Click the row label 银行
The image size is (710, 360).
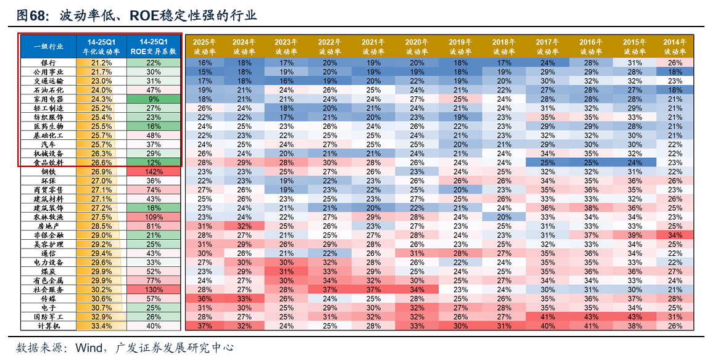tap(48, 63)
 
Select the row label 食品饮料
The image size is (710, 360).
tap(48, 162)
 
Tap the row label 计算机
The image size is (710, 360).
tap(48, 325)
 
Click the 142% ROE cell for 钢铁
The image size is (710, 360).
tap(154, 171)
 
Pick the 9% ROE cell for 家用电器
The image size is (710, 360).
tap(154, 99)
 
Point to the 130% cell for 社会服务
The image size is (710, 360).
tap(154, 289)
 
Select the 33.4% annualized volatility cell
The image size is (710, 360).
tap(101, 325)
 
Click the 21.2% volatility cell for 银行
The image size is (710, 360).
tap(101, 63)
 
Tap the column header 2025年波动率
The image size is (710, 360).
tap(205, 47)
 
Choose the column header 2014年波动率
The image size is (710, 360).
tap(675, 47)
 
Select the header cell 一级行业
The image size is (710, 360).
tap(48, 46)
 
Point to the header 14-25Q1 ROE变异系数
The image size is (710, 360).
tap(154, 47)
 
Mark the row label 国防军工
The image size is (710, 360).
tap(48, 317)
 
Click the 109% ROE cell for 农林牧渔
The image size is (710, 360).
tap(154, 217)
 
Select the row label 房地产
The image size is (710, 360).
tap(48, 226)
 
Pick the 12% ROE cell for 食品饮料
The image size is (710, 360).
tap(154, 162)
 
